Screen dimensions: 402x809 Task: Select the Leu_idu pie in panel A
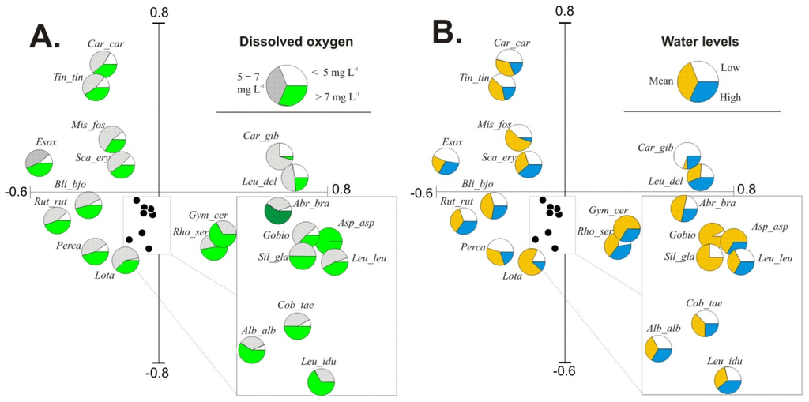point(321,381)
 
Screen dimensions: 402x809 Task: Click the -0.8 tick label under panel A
point(160,372)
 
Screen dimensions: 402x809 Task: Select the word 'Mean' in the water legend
point(660,81)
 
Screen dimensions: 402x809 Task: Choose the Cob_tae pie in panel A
point(297,325)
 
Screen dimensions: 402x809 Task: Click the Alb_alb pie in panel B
point(658,348)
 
